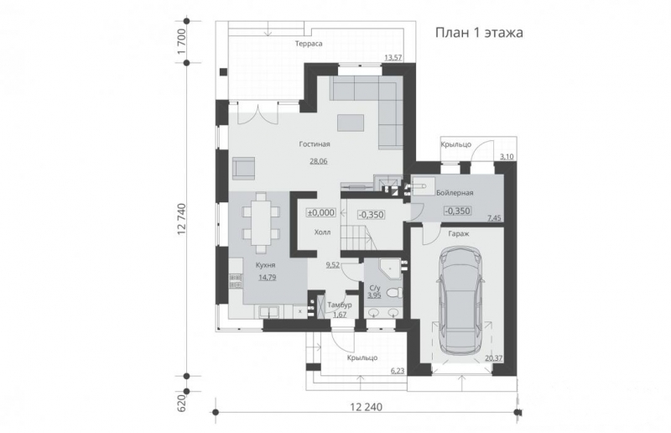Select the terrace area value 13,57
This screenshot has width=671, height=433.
tap(393, 57)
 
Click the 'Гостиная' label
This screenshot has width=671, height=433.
tap(314, 144)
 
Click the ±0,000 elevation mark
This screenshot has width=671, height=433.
tap(320, 212)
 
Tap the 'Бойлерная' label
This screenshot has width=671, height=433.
tap(455, 193)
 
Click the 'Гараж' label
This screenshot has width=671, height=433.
tap(457, 234)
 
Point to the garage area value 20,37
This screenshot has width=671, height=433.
tap(495, 357)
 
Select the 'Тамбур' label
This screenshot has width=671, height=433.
tap(340, 305)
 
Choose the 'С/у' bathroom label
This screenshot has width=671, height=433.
tap(374, 287)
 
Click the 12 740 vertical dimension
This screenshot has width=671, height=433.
tap(181, 220)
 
